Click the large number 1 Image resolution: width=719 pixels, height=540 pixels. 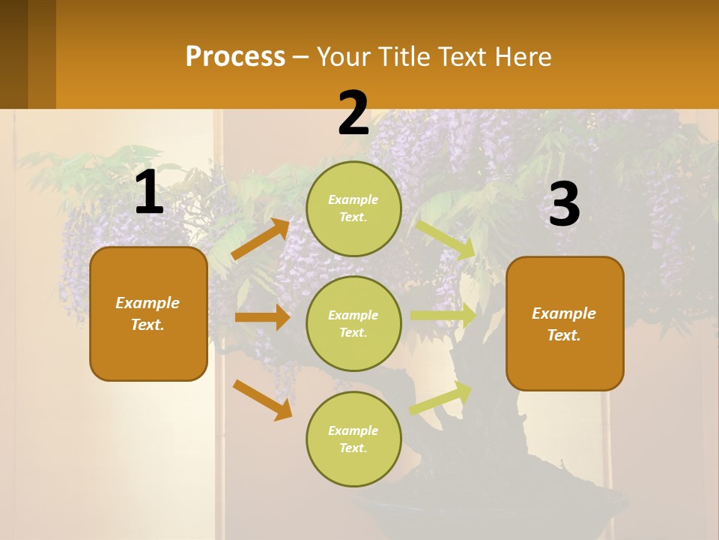pos(149,193)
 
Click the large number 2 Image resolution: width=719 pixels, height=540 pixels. pos(354,113)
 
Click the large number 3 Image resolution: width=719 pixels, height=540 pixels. pos(564,205)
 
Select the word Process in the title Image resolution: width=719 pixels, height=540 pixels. pos(235,56)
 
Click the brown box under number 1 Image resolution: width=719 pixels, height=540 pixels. pos(148,313)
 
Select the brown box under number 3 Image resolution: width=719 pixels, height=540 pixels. pos(565,324)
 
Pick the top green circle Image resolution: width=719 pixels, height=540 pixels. pos(354,208)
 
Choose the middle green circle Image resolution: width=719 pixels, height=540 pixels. pos(354,323)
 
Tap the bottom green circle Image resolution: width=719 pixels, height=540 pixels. pos(354,439)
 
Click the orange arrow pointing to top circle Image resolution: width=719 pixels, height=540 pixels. pos(261,238)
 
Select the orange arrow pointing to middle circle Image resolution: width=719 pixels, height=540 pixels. pos(262,317)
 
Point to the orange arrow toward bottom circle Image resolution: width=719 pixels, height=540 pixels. pos(262,399)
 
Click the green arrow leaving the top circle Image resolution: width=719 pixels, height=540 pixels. pos(446,239)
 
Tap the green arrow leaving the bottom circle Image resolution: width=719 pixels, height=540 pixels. pos(440,397)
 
